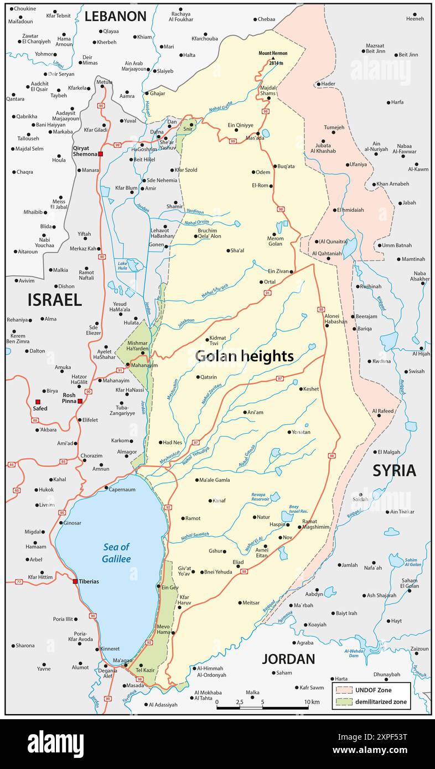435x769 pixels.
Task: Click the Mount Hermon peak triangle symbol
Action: click(x=272, y=58)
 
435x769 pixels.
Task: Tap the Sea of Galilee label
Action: click(x=116, y=553)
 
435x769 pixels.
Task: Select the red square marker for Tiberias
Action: click(x=75, y=581)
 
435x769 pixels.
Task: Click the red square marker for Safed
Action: click(x=38, y=402)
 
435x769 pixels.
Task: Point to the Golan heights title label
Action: click(x=244, y=356)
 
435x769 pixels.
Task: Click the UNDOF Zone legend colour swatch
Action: click(x=344, y=690)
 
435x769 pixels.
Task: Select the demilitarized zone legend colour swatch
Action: click(x=344, y=702)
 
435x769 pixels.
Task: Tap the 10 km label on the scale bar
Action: click(x=312, y=702)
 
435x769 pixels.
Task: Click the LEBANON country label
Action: click(x=115, y=17)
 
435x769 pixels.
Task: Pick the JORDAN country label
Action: click(x=288, y=659)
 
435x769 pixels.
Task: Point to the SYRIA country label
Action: click(x=393, y=470)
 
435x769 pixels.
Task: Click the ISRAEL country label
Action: click(x=54, y=300)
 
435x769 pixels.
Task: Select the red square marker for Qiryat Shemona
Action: click(x=100, y=154)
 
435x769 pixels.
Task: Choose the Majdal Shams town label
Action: click(x=268, y=91)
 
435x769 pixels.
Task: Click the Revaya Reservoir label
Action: click(x=260, y=496)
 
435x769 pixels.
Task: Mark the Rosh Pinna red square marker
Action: click(x=80, y=401)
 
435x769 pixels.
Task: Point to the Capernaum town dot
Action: click(x=106, y=487)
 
